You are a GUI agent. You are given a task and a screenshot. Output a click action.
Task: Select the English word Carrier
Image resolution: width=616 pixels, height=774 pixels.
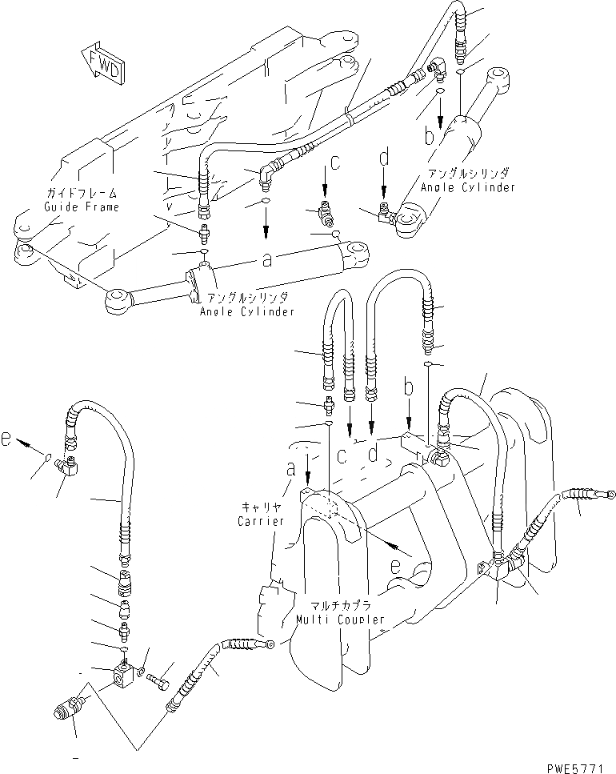[x=261, y=521]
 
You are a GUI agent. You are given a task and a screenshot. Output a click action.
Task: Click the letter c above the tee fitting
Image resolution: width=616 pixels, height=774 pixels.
[x=334, y=162]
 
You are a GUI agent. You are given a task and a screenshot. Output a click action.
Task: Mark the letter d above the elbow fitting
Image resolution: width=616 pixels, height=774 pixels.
[x=384, y=158]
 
